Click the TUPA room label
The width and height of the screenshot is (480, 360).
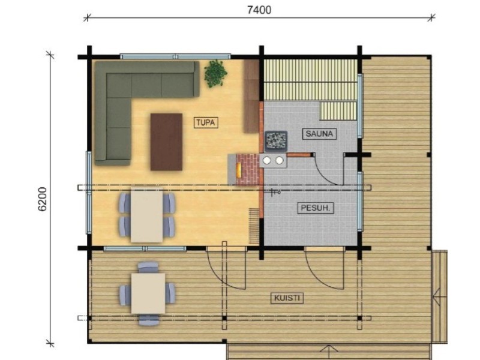pyautogui.click(x=206, y=123)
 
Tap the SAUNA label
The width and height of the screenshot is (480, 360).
pyautogui.click(x=319, y=134)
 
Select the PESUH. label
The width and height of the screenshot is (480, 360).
pyautogui.click(x=316, y=208)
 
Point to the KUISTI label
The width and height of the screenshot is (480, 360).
pyautogui.click(x=287, y=298)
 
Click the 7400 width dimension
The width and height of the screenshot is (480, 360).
pyautogui.click(x=259, y=10)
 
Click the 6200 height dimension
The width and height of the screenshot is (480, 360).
pyautogui.click(x=43, y=199)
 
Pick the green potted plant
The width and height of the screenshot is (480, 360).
pyautogui.click(x=215, y=73)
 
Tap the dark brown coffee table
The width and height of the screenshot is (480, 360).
pyautogui.click(x=166, y=142)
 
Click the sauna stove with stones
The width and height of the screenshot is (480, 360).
pyautogui.click(x=276, y=141)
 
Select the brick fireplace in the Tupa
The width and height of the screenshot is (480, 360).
pyautogui.click(x=244, y=169)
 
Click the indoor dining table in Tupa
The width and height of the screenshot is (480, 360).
pyautogui.click(x=146, y=215)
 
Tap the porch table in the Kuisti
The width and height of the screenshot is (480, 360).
pyautogui.click(x=148, y=293)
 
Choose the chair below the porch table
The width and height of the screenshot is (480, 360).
pyautogui.click(x=149, y=320)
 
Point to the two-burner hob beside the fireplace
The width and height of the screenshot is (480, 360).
pyautogui.click(x=273, y=160)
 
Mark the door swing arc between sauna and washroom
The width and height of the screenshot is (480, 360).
pyautogui.click(x=325, y=175)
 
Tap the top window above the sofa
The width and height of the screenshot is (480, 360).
pyautogui.click(x=175, y=56)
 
